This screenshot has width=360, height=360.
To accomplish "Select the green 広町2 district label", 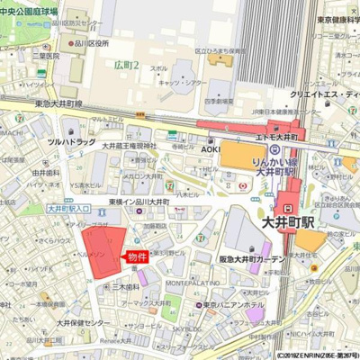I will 127,65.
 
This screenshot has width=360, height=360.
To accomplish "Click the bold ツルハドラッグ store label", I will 71,141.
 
